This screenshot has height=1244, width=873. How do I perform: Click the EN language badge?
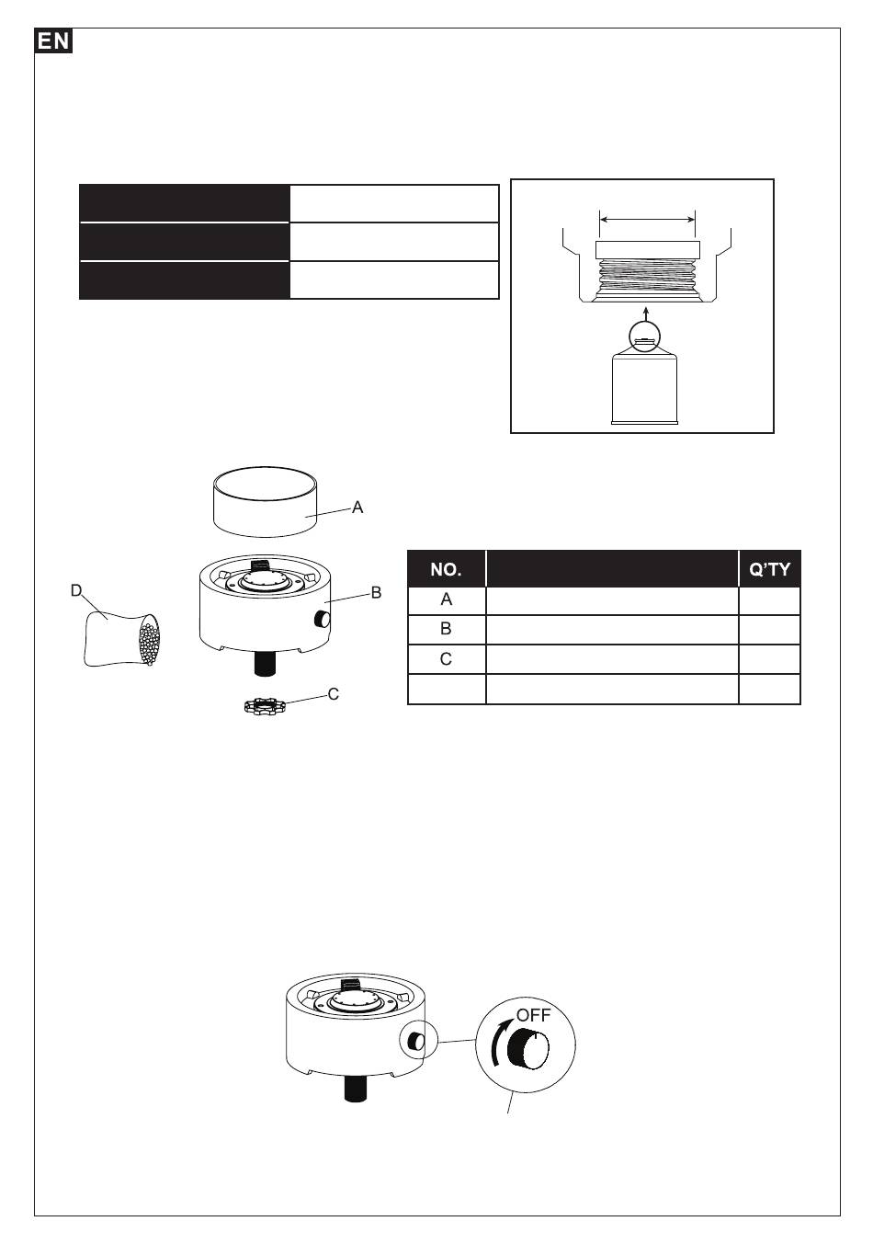[x=53, y=41]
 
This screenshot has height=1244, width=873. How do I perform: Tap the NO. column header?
[x=446, y=569]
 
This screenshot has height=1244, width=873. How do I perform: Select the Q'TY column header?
[x=769, y=569]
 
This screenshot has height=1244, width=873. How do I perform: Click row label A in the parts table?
[x=447, y=599]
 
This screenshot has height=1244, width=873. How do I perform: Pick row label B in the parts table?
[x=446, y=629]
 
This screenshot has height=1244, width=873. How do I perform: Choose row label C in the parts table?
[x=446, y=658]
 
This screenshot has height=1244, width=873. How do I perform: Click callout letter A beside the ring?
[x=357, y=507]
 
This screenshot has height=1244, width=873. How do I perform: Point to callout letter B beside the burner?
[x=376, y=592]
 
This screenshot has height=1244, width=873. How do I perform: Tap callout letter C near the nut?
[x=333, y=694]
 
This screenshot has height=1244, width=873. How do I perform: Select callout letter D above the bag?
[x=76, y=590]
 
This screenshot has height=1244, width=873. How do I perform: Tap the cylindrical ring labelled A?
[x=266, y=502]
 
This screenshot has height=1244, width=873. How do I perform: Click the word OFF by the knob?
[x=533, y=1015]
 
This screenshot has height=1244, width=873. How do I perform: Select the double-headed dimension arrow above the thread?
[x=647, y=220]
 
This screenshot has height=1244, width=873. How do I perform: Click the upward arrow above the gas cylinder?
[x=644, y=316]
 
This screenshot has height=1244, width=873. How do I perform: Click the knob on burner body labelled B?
[x=322, y=618]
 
